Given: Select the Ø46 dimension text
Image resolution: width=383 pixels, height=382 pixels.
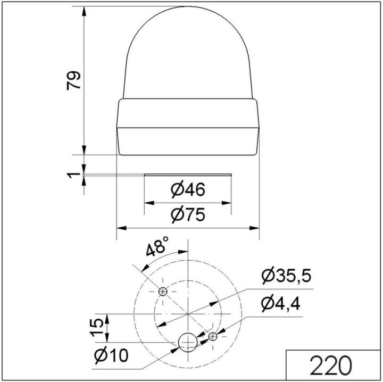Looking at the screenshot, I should point(188,189).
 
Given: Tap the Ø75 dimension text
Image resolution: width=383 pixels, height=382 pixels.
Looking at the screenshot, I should point(188,215).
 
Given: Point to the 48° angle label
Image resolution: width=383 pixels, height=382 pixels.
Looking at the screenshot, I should point(157,248).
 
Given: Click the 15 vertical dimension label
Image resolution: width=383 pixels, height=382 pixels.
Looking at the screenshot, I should point(96,327).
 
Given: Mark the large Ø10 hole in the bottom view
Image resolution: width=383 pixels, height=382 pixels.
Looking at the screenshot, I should point(187,342).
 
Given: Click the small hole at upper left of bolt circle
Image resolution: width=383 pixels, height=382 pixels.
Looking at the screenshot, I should point(163,290).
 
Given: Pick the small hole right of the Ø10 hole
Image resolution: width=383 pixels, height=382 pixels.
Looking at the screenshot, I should point(213,336).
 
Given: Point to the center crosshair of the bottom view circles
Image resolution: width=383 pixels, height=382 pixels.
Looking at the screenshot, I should point(188,314).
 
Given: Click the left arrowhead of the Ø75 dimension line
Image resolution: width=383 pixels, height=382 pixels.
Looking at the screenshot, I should point(120,228).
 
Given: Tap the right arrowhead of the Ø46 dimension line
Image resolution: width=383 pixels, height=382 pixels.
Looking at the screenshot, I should point(228,203).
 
